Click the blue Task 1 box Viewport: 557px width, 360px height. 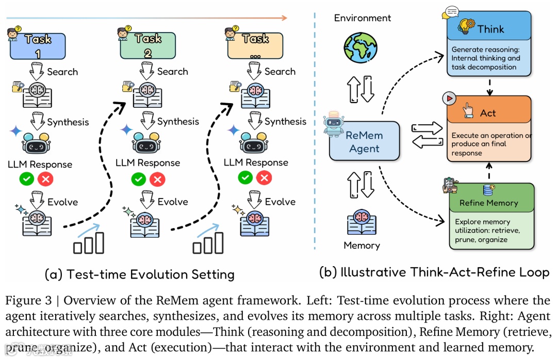pyautogui.click(x=38, y=46)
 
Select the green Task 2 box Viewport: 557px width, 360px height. pyautogui.click(x=148, y=46)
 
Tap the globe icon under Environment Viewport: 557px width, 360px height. pyautogui.click(x=362, y=47)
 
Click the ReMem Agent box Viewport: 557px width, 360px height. pyautogui.click(x=365, y=142)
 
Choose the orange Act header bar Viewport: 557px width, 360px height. pyautogui.click(x=487, y=113)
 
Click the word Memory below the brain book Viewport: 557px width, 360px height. pyautogui.click(x=362, y=246)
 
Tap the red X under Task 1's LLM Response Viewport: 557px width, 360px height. pyautogui.click(x=46, y=179)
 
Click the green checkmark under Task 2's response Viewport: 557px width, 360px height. pyautogui.click(x=138, y=179)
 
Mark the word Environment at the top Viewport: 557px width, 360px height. pyautogui.click(x=362, y=18)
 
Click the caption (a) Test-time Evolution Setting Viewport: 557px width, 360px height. pyautogui.click(x=140, y=274)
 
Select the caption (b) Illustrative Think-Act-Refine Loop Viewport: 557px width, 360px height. pyautogui.click(x=434, y=272)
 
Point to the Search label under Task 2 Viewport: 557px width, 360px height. pyautogui.click(x=172, y=72)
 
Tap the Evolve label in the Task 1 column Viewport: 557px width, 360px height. pyautogui.click(x=62, y=202)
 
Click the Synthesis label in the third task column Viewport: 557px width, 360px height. pyautogui.click(x=285, y=122)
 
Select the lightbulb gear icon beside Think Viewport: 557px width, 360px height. pyautogui.click(x=467, y=27)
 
